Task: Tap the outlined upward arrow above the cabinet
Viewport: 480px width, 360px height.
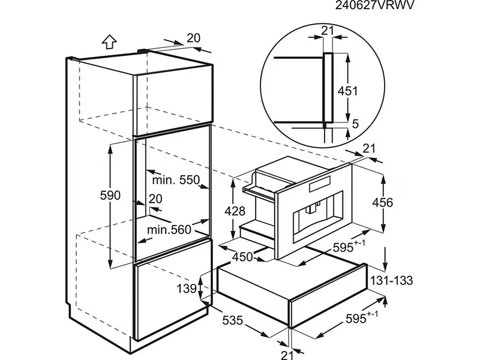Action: [108, 41]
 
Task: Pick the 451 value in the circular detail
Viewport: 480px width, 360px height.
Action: [347, 91]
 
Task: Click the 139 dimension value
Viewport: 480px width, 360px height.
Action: [188, 289]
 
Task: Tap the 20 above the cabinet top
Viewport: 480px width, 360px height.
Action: [193, 38]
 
